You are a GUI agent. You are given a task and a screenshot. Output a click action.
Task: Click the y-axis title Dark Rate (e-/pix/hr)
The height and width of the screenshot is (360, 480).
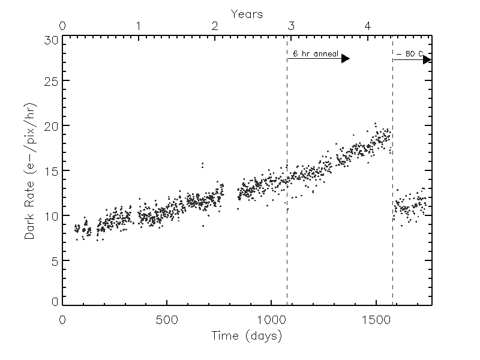pyautogui.click(x=30, y=172)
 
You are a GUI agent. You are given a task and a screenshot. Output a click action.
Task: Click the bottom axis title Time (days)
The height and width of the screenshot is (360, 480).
pyautogui.click(x=247, y=336)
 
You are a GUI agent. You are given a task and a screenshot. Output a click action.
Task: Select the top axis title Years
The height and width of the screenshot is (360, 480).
pyautogui.click(x=247, y=13)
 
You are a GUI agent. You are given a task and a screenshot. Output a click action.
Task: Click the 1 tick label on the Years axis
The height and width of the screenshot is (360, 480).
pyautogui.click(x=139, y=26)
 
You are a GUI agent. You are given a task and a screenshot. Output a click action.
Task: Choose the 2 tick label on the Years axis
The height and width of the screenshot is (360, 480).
pyautogui.click(x=215, y=26)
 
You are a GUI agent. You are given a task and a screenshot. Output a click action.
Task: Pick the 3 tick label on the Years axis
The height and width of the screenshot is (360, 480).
pyautogui.click(x=291, y=26)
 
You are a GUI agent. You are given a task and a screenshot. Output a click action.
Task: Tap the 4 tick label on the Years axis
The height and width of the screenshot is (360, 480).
pyautogui.click(x=368, y=26)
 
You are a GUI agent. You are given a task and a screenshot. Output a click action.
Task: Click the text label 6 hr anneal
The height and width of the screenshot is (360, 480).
pyautogui.click(x=312, y=54)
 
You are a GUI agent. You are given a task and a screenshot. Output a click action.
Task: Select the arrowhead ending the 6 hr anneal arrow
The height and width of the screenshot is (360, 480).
pyautogui.click(x=346, y=59)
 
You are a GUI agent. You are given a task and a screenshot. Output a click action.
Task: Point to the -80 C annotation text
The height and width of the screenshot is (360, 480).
pyautogui.click(x=410, y=54)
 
